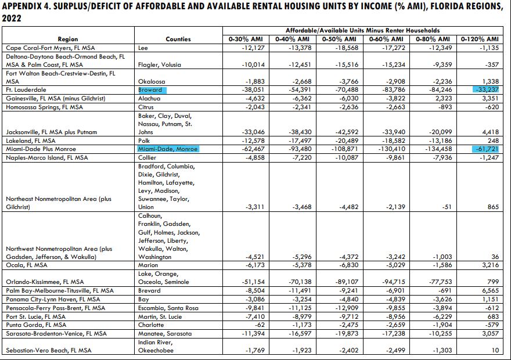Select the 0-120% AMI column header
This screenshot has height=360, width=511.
479,39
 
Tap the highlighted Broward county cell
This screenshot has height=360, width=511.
152,90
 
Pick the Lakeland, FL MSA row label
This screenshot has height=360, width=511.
31,141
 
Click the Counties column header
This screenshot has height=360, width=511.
178,39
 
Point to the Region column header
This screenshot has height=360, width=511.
68,39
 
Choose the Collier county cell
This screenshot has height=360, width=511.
148,158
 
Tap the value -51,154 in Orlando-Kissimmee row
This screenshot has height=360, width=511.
253,282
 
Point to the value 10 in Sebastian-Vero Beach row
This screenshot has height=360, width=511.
495,351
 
